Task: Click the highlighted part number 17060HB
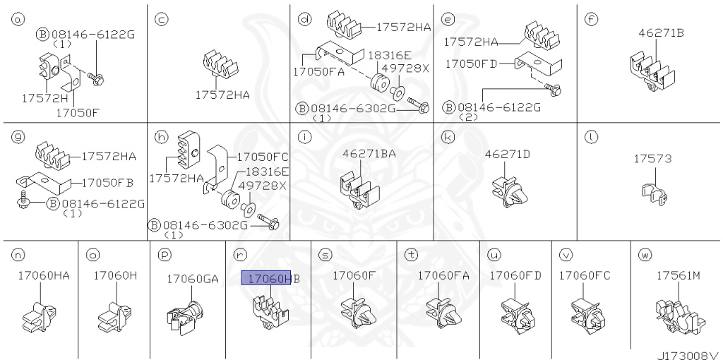(270, 279)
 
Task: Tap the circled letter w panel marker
(643, 253)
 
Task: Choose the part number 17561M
(678, 275)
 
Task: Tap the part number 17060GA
(192, 279)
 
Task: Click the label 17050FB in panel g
(107, 183)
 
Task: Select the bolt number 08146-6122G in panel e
(499, 107)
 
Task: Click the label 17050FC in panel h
(262, 157)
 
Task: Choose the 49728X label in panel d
(405, 68)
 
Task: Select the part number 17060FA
(443, 275)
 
